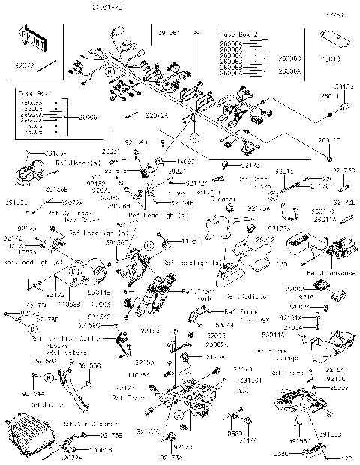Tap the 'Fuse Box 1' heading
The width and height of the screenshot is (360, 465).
pyautogui.click(x=31, y=93)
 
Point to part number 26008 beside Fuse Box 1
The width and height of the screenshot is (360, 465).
pyautogui.click(x=73, y=118)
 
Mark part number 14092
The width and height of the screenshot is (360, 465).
pyautogui.click(x=187, y=160)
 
